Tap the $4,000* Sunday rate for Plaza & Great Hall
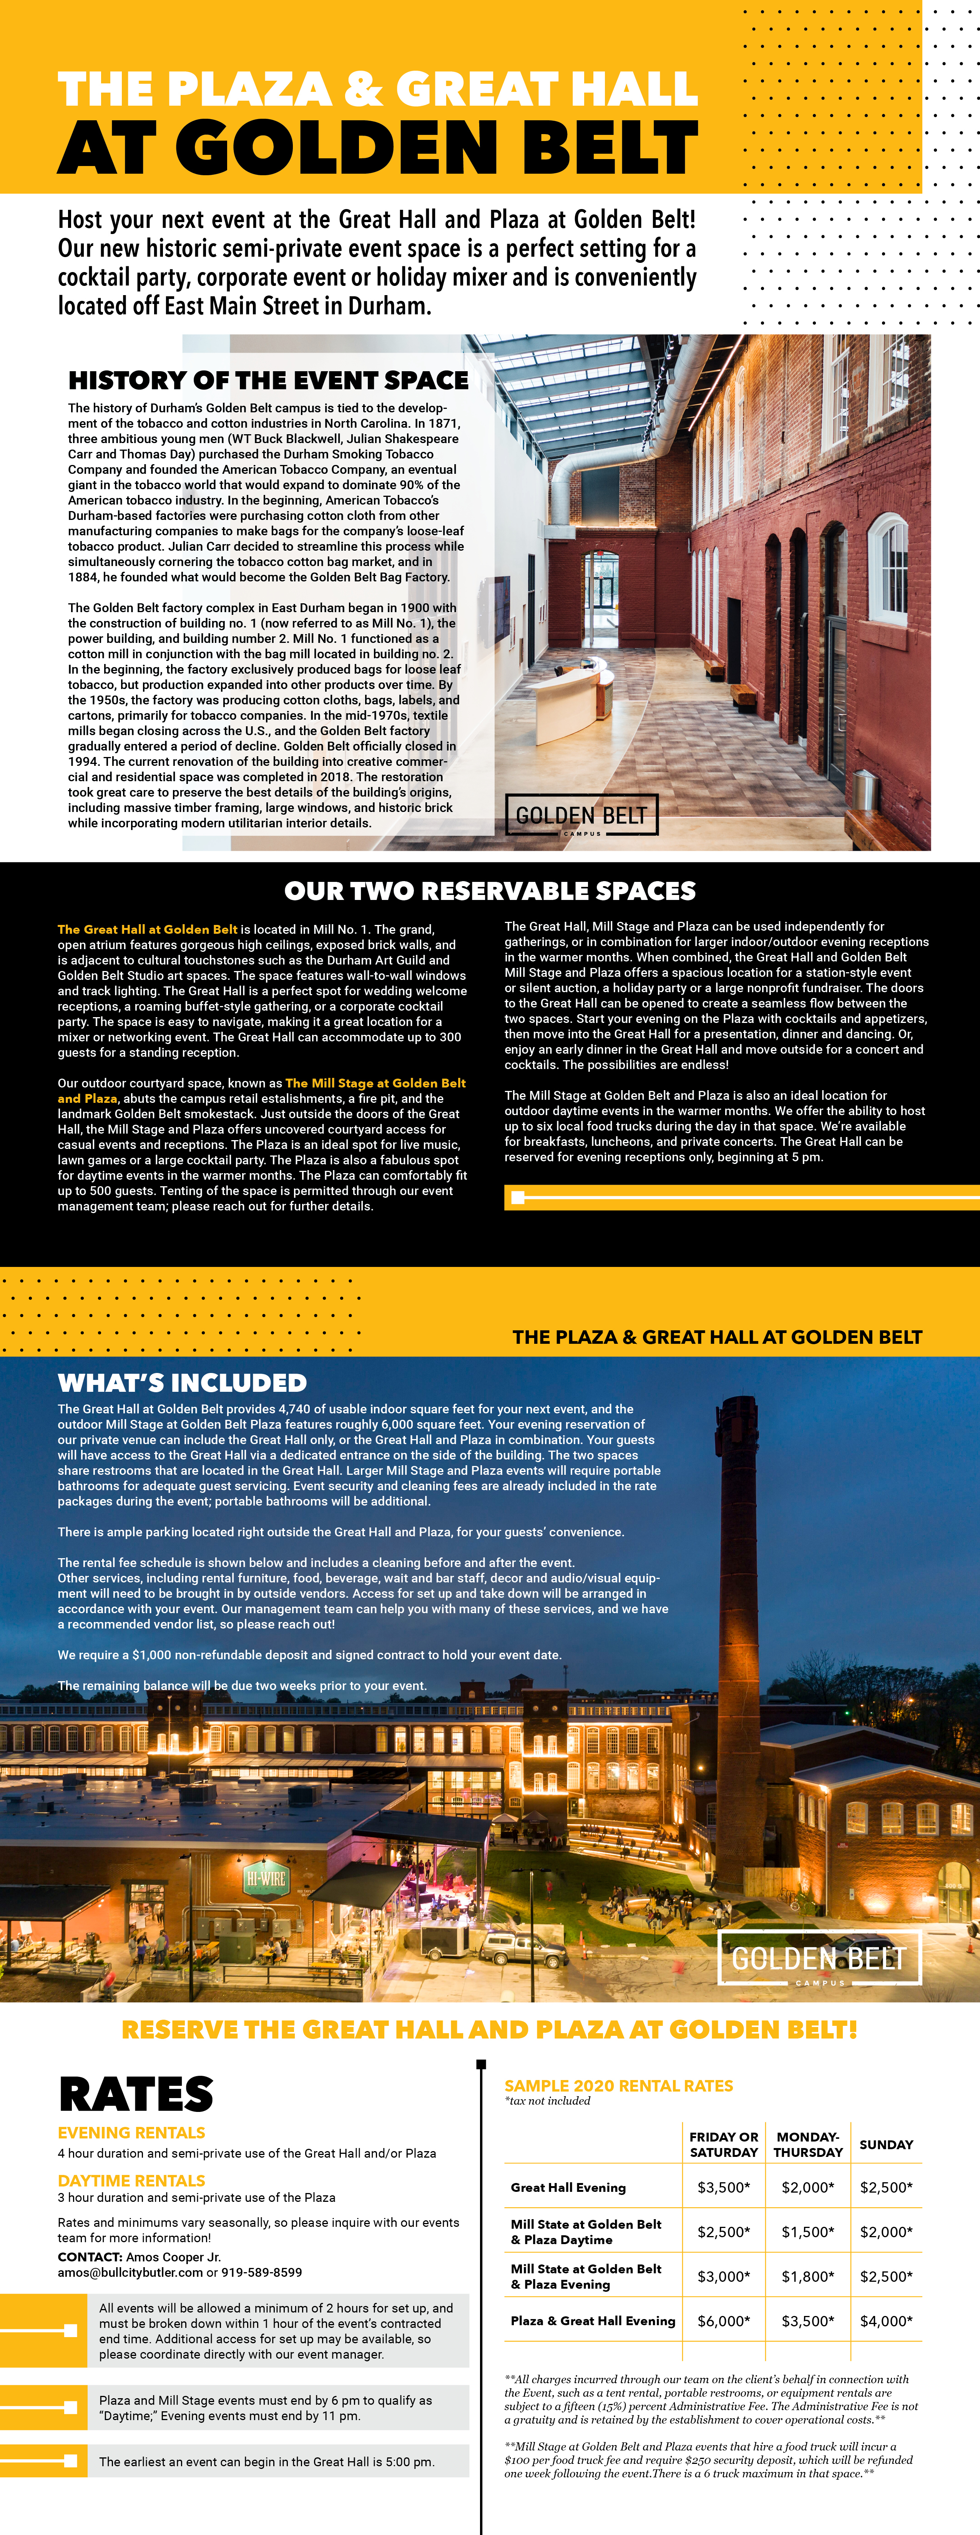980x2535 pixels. pos(885,2321)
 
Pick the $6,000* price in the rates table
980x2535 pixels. pos(723,2321)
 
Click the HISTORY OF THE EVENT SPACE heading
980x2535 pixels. pos(267,381)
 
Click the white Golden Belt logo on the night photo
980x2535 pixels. pos(819,1958)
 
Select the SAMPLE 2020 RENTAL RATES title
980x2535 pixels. pos(618,2085)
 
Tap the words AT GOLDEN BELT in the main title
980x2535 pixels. pos(378,148)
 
